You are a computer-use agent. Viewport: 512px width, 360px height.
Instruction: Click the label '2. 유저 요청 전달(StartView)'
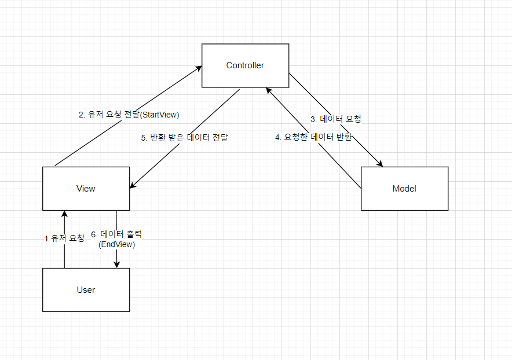tap(129, 115)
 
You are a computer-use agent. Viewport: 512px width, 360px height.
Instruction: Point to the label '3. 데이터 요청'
tap(336, 119)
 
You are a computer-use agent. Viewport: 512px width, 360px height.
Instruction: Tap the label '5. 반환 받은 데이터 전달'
tap(185, 138)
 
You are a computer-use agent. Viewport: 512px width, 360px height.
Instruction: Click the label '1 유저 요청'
tap(64, 238)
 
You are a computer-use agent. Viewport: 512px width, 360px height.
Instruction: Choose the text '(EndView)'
tap(116, 245)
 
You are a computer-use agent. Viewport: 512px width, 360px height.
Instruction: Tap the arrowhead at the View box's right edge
tap(133, 185)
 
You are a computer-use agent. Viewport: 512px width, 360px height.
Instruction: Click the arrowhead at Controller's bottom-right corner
tap(268, 90)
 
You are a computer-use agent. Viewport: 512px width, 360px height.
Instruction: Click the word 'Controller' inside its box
tap(245, 65)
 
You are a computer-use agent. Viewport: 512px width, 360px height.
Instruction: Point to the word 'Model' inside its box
tap(404, 189)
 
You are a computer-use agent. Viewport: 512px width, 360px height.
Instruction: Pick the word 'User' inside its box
tap(86, 289)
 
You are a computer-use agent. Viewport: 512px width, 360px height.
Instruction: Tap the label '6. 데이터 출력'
tap(116, 234)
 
